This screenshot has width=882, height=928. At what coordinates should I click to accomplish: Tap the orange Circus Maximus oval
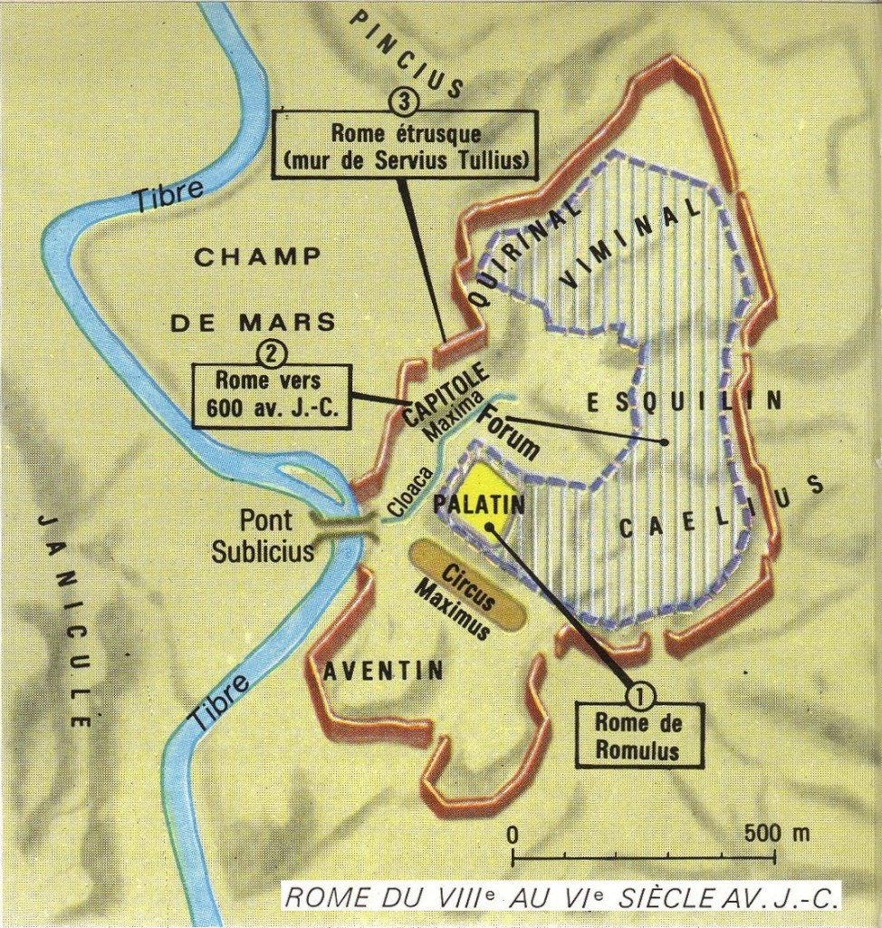pyautogui.click(x=467, y=586)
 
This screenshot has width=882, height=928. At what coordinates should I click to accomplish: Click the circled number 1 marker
pyautogui.click(x=639, y=696)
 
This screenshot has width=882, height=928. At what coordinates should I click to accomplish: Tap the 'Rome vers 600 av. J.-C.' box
pyautogui.click(x=270, y=392)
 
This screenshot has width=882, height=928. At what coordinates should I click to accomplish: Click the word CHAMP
pyautogui.click(x=257, y=256)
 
